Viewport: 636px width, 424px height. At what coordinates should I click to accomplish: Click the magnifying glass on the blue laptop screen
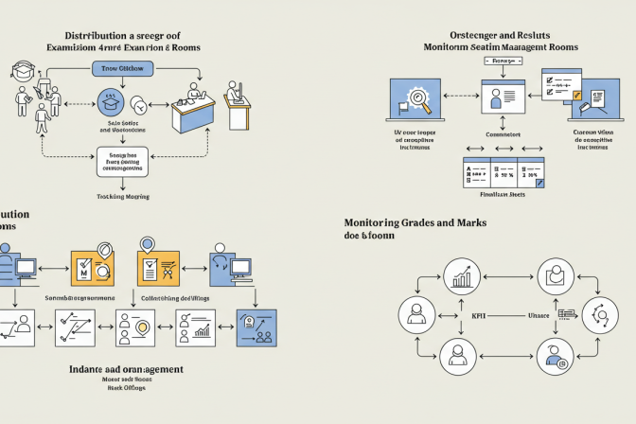point(415,97)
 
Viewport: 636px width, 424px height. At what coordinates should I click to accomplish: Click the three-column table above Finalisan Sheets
point(503,172)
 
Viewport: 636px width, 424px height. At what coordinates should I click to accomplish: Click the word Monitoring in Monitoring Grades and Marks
point(383,222)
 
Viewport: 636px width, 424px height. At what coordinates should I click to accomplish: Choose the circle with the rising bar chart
point(464,276)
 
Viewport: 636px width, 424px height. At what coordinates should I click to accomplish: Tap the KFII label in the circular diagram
point(479,314)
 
